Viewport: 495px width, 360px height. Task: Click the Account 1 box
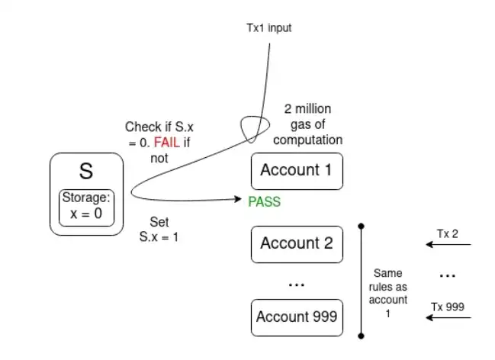tap(297, 170)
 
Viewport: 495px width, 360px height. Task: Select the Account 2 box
tap(297, 244)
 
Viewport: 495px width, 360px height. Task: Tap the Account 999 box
tap(297, 317)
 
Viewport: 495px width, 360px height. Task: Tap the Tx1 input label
tap(269, 28)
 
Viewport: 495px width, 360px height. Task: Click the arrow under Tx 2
tap(451, 246)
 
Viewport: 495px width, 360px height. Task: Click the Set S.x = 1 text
tap(159, 230)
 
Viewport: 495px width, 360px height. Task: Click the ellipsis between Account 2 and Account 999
tap(297, 282)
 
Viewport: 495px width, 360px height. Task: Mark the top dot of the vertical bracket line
tap(361, 226)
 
